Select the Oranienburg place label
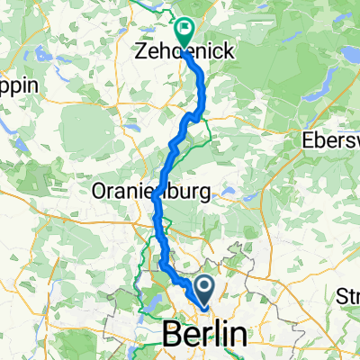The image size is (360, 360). (150, 192)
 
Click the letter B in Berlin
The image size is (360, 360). (170, 334)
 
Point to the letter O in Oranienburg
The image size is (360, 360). (100, 192)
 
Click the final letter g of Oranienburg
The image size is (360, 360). (204, 193)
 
